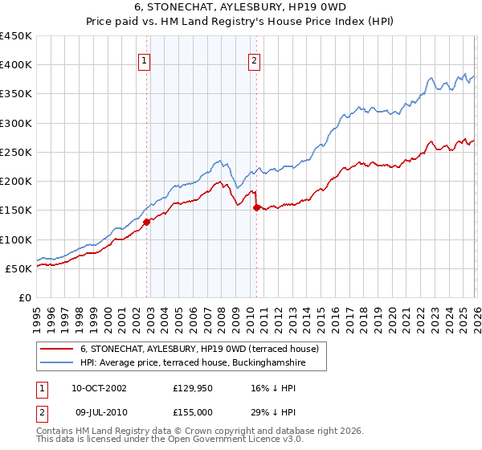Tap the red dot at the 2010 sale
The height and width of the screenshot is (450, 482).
pyautogui.click(x=256, y=207)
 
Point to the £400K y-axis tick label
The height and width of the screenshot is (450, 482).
pyautogui.click(x=16, y=65)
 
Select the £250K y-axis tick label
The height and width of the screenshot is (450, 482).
pyautogui.click(x=16, y=152)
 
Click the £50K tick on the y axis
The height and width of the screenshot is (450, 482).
pyautogui.click(x=19, y=268)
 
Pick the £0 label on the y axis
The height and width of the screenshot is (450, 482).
pyautogui.click(x=25, y=297)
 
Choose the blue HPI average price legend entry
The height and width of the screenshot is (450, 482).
pyautogui.click(x=193, y=363)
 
